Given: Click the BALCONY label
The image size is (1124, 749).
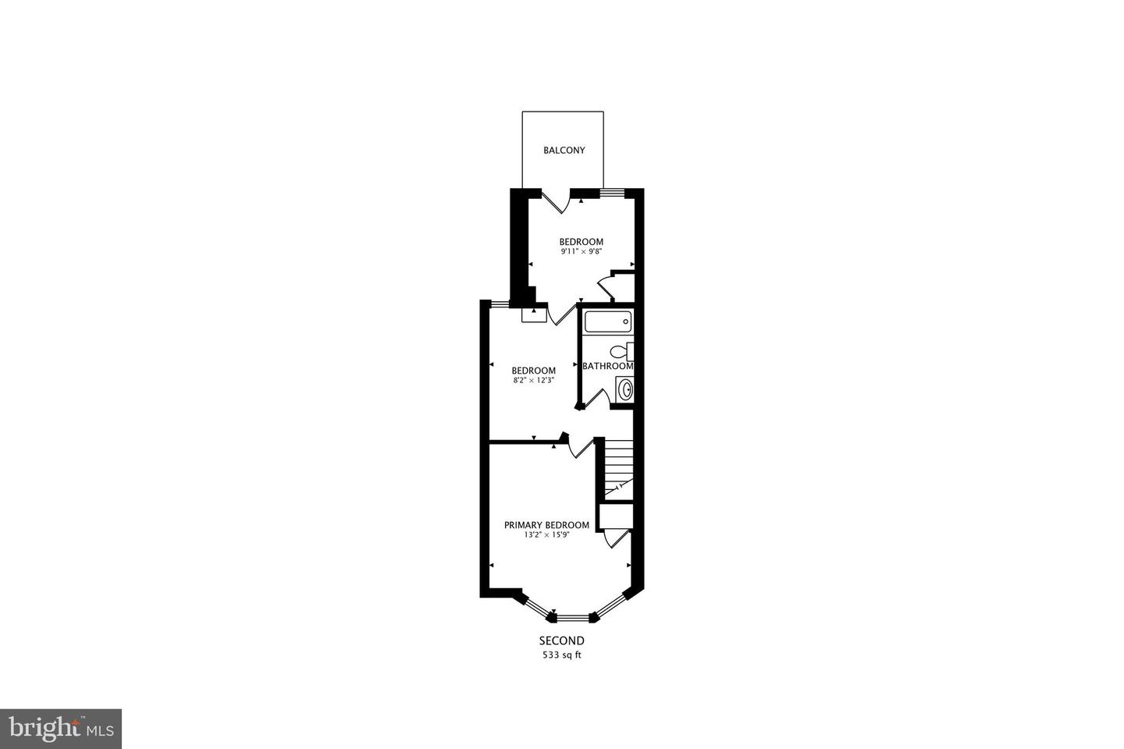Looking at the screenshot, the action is click(564, 150).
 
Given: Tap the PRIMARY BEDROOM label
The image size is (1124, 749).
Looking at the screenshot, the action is click(546, 525).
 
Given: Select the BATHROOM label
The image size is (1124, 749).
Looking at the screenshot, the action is click(607, 366).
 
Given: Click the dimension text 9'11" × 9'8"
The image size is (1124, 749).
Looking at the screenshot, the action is click(581, 251).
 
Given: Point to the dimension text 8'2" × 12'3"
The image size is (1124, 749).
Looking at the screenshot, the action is click(533, 380).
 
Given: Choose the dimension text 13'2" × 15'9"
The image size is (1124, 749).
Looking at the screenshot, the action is click(546, 534).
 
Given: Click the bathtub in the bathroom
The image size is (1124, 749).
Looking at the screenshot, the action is click(608, 321).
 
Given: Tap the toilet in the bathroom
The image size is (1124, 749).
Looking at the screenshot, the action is click(621, 352).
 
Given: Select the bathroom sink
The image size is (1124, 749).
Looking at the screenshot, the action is click(624, 390).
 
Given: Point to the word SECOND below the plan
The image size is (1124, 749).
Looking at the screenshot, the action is click(561, 641).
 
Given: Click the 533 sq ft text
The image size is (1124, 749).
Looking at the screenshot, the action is click(561, 655).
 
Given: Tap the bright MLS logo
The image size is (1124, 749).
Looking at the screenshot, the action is click(61, 729).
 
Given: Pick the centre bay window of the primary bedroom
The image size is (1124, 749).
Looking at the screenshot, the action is click(573, 618).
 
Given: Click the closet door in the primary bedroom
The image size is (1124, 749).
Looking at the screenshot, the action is click(616, 538).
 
